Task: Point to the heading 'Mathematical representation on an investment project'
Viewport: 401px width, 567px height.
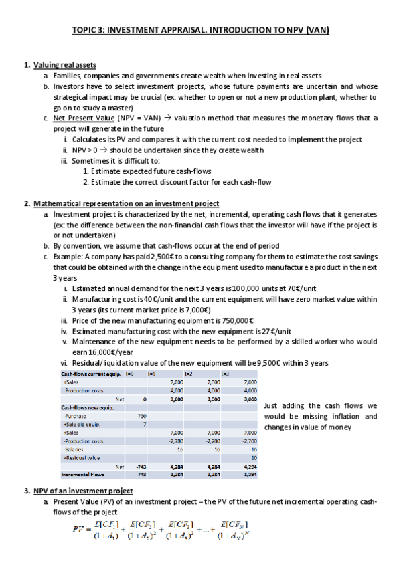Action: [x=126, y=203]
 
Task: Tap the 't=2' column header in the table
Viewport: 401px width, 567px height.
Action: [x=189, y=373]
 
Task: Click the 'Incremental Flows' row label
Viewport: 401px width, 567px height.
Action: [x=84, y=474]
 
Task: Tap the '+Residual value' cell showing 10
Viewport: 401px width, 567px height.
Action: [x=253, y=457]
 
